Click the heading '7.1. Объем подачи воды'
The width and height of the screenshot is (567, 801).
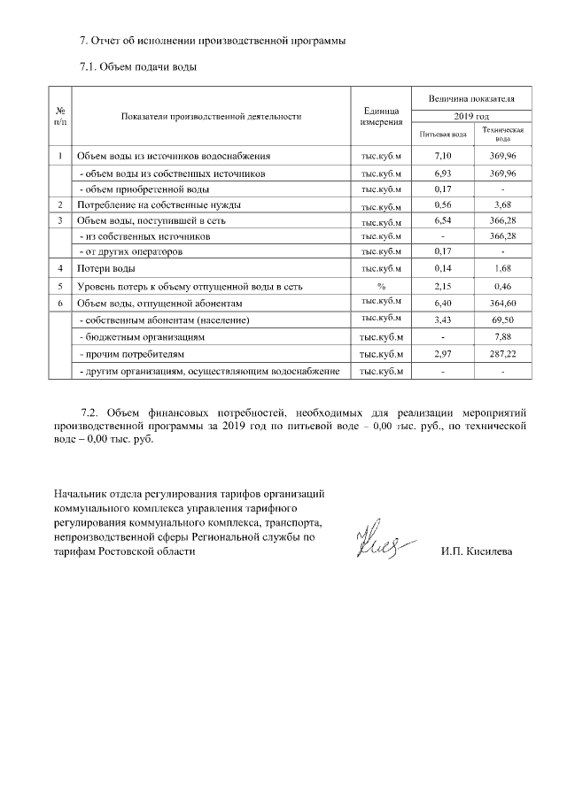tap(137, 66)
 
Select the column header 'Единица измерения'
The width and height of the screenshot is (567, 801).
tap(382, 116)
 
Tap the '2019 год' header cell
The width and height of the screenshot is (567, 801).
tap(470, 116)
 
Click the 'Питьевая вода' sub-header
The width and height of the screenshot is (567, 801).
tap(442, 134)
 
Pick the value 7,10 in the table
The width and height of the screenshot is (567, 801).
tap(442, 157)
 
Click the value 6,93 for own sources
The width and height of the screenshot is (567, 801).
tap(442, 173)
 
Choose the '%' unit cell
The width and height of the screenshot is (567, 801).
tap(382, 287)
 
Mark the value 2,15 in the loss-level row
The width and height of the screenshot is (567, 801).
tap(442, 287)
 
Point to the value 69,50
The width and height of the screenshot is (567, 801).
tap(501, 320)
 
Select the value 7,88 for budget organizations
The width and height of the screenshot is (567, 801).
tap(501, 337)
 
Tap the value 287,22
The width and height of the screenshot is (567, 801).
tap(501, 354)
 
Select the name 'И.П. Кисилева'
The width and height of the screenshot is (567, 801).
tap(476, 552)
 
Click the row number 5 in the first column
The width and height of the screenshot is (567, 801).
tap(60, 287)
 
